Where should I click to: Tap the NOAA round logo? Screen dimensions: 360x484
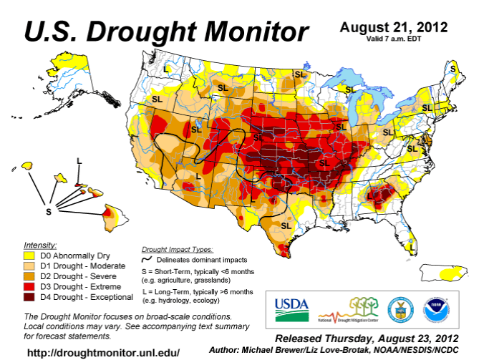tap(436, 309)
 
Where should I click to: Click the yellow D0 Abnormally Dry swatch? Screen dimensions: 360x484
tap(31, 254)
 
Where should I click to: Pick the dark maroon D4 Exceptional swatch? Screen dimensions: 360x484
tap(31, 296)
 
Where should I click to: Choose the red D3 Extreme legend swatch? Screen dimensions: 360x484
tap(31, 286)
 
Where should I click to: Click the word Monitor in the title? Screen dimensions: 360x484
tap(246, 31)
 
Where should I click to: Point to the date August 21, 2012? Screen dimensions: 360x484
tap(394, 27)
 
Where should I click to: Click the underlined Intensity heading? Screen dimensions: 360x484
tap(40, 244)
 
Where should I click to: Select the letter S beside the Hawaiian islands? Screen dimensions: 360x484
tap(49, 212)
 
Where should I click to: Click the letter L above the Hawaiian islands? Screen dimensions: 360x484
tap(79, 160)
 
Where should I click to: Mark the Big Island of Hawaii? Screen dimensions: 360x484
tap(110, 213)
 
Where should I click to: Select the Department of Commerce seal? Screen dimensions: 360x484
tap(397, 309)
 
